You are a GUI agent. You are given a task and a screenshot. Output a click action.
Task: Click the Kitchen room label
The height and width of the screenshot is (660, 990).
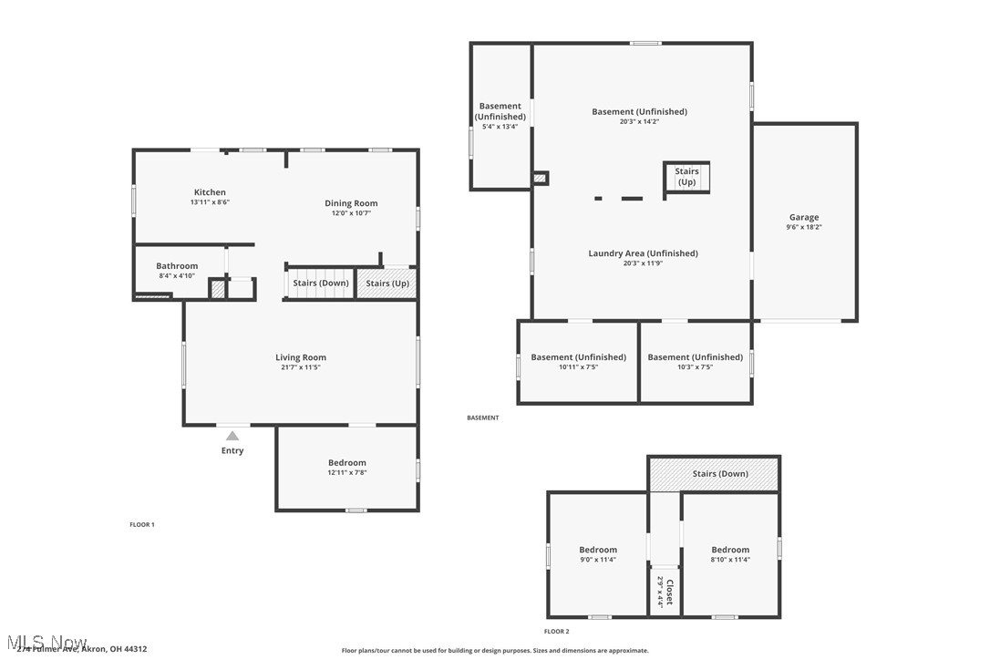click(x=210, y=192)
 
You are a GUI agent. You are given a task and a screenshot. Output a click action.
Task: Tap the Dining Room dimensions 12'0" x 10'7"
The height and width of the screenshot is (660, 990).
click(x=351, y=213)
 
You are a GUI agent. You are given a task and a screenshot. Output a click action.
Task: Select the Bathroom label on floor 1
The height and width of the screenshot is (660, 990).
click(x=177, y=266)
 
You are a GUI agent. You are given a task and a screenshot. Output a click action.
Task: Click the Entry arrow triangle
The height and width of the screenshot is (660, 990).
click(x=232, y=436)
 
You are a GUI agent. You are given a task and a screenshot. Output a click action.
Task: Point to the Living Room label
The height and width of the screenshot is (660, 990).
click(x=301, y=357)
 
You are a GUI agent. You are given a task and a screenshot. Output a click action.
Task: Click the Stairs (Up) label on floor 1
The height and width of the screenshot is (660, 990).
click(x=387, y=284)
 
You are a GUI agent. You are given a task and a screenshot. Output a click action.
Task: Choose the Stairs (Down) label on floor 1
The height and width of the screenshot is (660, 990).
click(x=321, y=284)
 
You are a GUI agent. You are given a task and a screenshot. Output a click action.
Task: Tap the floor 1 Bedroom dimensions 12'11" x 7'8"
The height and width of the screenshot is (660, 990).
click(x=347, y=472)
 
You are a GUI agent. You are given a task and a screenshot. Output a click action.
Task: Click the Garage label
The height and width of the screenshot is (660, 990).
click(x=804, y=217)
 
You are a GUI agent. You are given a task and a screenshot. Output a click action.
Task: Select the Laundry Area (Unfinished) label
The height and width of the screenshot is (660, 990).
click(x=643, y=253)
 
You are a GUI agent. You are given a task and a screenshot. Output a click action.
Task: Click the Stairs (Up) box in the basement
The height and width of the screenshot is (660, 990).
click(x=686, y=177)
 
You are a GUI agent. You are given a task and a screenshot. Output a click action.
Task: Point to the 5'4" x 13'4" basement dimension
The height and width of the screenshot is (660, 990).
click(x=500, y=127)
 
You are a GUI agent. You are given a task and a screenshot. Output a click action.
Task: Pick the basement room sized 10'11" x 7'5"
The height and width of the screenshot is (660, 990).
click(x=578, y=362)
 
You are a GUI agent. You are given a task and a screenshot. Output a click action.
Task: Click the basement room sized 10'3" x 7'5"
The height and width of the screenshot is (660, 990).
click(x=695, y=362)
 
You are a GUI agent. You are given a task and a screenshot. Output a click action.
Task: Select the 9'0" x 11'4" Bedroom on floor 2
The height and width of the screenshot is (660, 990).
click(x=598, y=554)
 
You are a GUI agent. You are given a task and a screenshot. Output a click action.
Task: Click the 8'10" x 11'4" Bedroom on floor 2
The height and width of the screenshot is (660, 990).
click(x=730, y=554)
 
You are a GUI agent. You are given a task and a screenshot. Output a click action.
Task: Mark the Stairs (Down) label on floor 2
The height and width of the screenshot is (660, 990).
click(x=720, y=474)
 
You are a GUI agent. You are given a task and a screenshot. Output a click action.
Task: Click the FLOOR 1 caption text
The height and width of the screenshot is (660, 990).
click(x=142, y=524)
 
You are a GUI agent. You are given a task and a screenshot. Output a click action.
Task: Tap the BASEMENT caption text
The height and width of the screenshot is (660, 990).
click(x=483, y=418)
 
